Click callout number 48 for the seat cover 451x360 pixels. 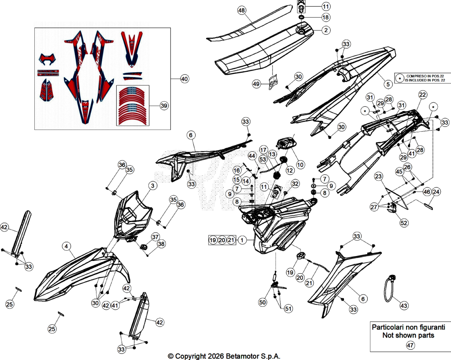(x=242, y=11)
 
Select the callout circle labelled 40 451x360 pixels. (x=185, y=78)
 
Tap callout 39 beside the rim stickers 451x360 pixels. (x=164, y=106)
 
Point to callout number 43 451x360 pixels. (x=404, y=306)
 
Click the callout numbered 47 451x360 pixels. (x=410, y=345)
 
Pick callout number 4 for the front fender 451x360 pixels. (x=67, y=246)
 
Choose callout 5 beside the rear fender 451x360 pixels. (x=388, y=84)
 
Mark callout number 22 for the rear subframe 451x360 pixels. (x=422, y=95)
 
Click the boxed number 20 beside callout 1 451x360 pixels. (x=222, y=240)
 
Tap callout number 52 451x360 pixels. (x=404, y=223)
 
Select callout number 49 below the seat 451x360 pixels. (x=256, y=84)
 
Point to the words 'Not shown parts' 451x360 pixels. (x=408, y=335)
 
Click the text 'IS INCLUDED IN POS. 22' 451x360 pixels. (x=425, y=80)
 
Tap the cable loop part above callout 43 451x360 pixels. (x=390, y=288)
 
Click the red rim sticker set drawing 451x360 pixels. (x=133, y=106)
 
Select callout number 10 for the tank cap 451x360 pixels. (x=300, y=165)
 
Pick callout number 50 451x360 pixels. (x=262, y=302)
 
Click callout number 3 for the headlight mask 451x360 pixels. (x=153, y=186)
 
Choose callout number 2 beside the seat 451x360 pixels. (x=326, y=30)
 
